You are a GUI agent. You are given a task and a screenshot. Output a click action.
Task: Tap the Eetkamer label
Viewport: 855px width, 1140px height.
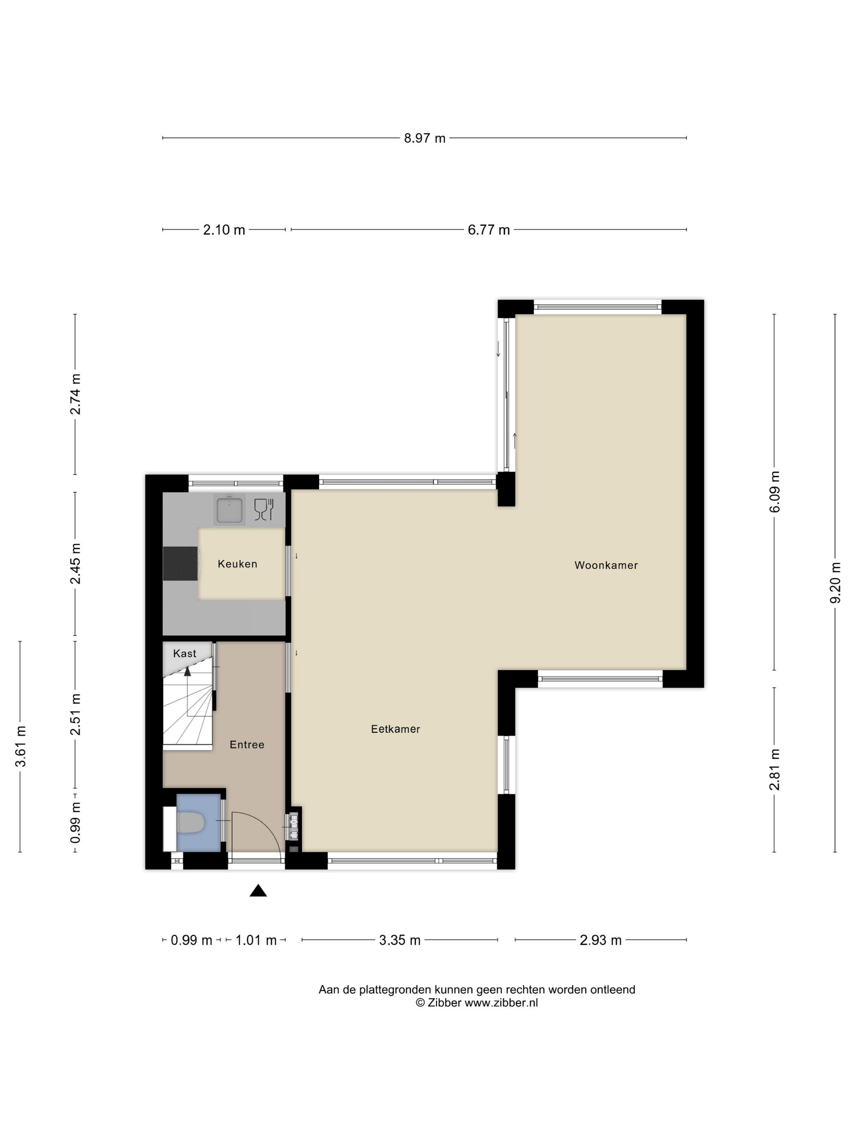click(395, 729)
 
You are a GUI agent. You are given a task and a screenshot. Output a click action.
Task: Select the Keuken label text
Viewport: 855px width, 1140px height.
click(237, 564)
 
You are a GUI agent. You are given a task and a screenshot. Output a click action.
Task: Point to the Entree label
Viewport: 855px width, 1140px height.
click(247, 745)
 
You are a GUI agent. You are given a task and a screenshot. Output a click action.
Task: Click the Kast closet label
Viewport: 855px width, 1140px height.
click(184, 653)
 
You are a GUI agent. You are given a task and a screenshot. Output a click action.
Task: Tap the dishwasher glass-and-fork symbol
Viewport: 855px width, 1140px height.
click(263, 510)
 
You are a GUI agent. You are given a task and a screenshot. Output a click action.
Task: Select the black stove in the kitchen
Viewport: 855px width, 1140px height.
click(180, 563)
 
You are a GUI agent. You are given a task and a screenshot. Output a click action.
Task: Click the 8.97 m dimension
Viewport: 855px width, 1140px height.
click(424, 138)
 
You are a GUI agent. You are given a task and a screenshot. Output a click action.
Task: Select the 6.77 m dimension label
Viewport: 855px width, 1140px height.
click(488, 230)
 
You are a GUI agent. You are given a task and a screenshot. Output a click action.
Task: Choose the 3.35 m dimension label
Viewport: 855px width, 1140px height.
click(399, 940)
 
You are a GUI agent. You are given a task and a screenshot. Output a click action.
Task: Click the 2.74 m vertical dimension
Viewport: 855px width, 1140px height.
click(76, 394)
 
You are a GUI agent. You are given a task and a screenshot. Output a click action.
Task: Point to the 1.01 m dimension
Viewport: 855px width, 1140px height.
click(256, 940)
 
